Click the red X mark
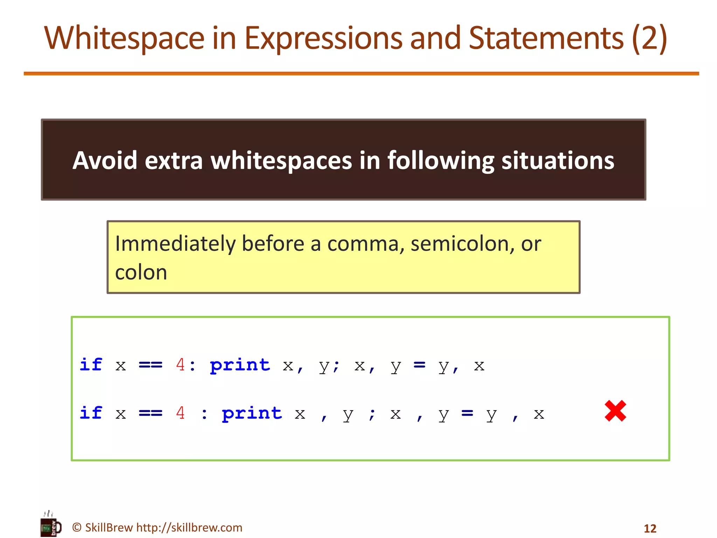[615, 411]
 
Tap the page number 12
[650, 528]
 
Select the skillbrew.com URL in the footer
[189, 527]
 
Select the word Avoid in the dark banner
[105, 160]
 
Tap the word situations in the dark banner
[558, 160]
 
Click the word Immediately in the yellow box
[175, 244]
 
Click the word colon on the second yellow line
[141, 273]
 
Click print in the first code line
[240, 365]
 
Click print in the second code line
[252, 414]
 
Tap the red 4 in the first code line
[180, 365]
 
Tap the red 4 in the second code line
[180, 413]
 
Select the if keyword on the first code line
[91, 365]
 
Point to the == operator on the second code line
[151, 414]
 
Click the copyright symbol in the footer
[77, 527]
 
